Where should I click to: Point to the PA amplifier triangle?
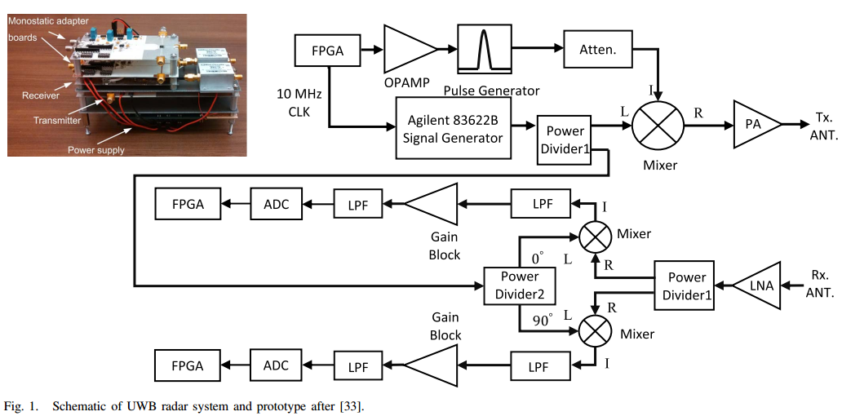[x=756, y=125]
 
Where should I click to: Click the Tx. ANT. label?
[x=818, y=126]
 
